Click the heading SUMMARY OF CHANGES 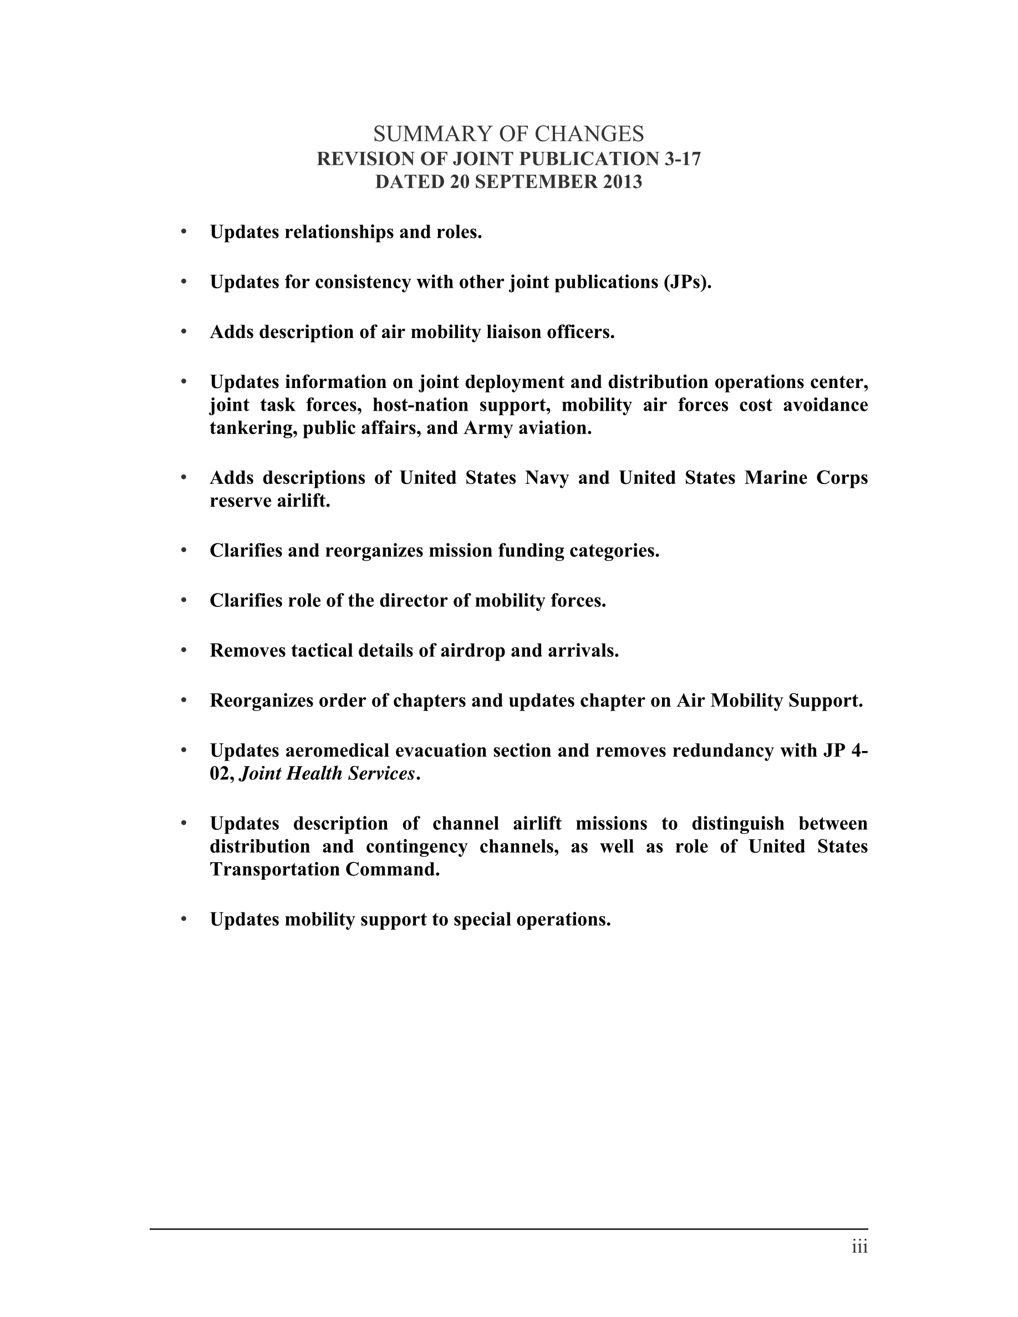click(508, 133)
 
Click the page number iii click(859, 1247)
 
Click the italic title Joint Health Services click(328, 774)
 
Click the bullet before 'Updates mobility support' click(184, 920)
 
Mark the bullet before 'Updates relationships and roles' click(184, 232)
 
